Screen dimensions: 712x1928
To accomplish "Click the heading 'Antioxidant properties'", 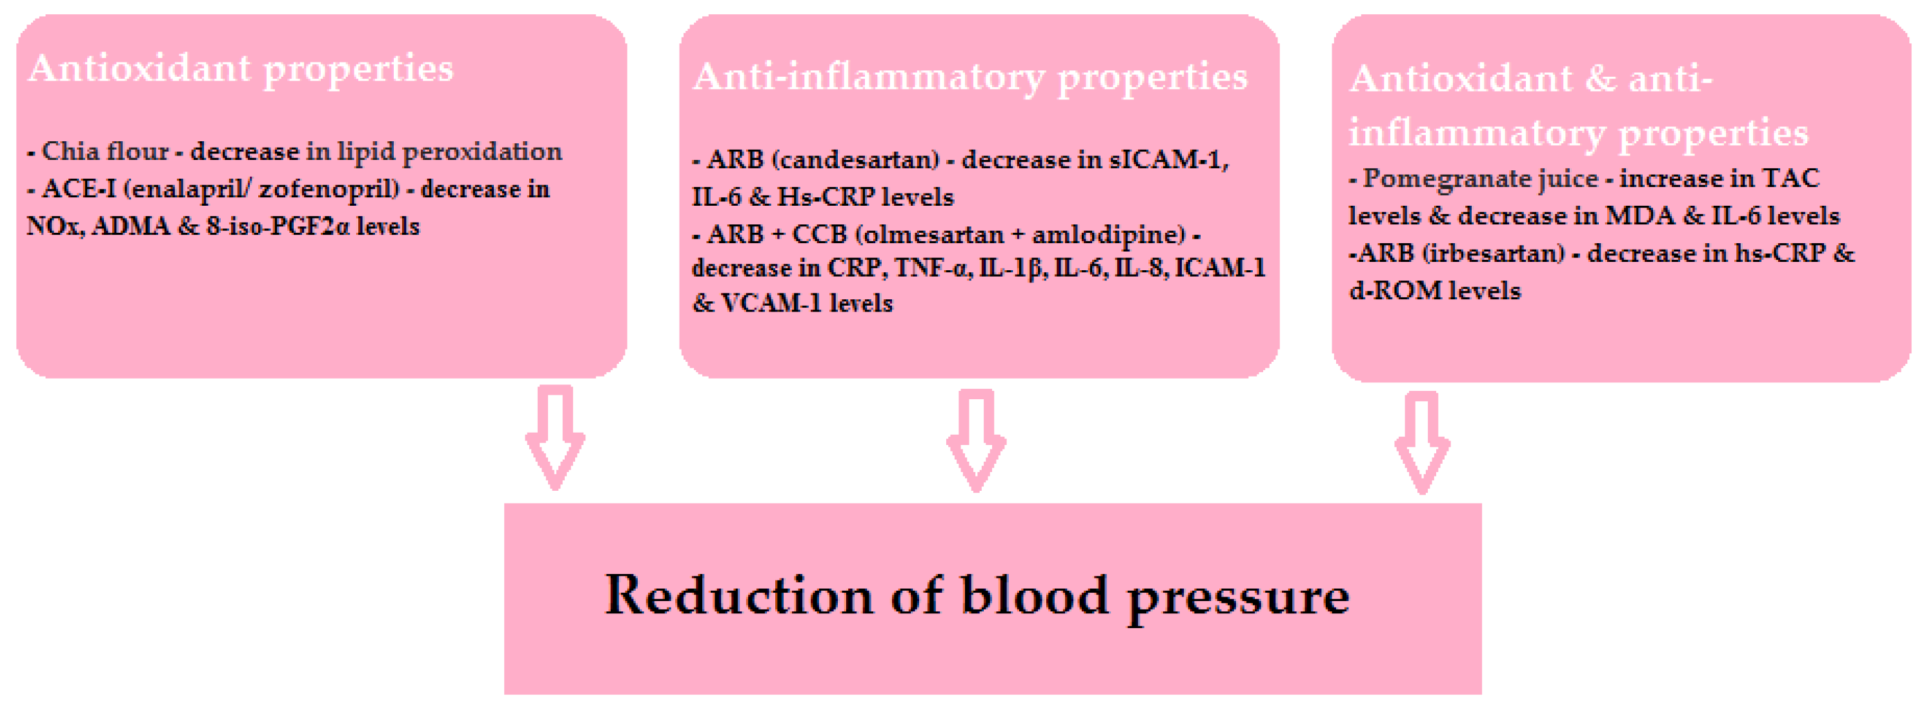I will (241, 70).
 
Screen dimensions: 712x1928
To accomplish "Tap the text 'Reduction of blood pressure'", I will (977, 596).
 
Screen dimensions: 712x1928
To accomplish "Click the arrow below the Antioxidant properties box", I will (555, 437).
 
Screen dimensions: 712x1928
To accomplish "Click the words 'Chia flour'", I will (105, 152).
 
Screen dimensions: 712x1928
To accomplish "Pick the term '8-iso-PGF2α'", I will (278, 226).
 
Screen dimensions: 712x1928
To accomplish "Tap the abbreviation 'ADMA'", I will (132, 226).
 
